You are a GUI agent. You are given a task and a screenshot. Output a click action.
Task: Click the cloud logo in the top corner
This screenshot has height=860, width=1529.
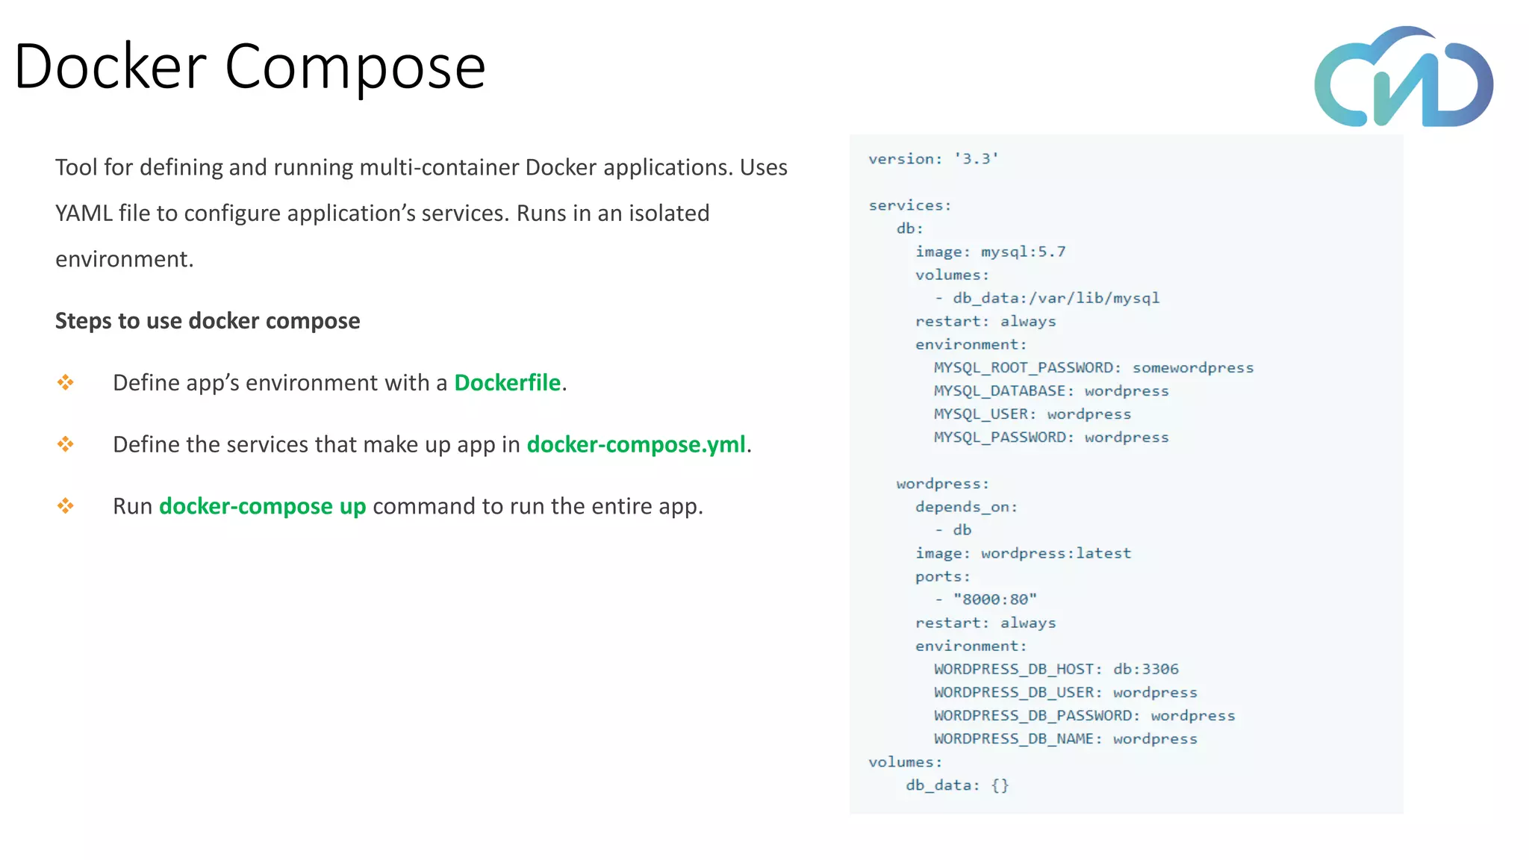pos(1404,78)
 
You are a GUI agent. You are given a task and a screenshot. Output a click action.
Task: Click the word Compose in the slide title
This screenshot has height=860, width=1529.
pos(355,67)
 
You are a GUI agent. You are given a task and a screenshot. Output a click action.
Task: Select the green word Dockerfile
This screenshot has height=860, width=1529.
pos(507,383)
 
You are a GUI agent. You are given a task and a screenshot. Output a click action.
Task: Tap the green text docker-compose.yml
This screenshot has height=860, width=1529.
pos(635,445)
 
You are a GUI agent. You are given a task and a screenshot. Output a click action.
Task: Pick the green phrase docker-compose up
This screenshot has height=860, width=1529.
pos(262,507)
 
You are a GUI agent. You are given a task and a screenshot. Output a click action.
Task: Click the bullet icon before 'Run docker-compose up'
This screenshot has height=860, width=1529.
pos(66,506)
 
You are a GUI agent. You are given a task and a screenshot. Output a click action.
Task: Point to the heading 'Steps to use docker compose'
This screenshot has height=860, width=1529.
pos(208,321)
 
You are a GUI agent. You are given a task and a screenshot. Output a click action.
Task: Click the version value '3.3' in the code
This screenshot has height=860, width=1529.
pos(977,159)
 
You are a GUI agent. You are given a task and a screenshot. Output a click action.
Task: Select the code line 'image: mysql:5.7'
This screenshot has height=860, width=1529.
pos(990,252)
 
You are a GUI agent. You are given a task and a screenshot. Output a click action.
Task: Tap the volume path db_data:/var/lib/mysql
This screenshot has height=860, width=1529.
pos(1056,298)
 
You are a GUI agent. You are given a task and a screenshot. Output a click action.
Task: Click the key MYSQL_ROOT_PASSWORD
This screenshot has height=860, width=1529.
pos(1027,367)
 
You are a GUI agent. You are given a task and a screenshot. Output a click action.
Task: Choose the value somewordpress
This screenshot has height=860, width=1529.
pos(1192,367)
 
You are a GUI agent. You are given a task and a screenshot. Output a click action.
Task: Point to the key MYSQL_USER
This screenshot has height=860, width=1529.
pos(980,414)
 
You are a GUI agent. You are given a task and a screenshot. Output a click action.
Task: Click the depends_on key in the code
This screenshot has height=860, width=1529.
pos(966,507)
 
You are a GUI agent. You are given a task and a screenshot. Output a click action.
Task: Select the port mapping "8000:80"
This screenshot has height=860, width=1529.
pos(994,599)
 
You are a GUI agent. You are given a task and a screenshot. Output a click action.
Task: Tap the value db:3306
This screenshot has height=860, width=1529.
pos(1145,669)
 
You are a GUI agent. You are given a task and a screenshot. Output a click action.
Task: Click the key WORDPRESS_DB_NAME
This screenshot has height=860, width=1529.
pos(1018,738)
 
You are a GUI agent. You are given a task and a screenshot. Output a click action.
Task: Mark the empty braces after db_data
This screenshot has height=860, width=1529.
pos(1000,785)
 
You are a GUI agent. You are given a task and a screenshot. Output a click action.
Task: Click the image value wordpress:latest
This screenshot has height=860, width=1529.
pos(1056,553)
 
